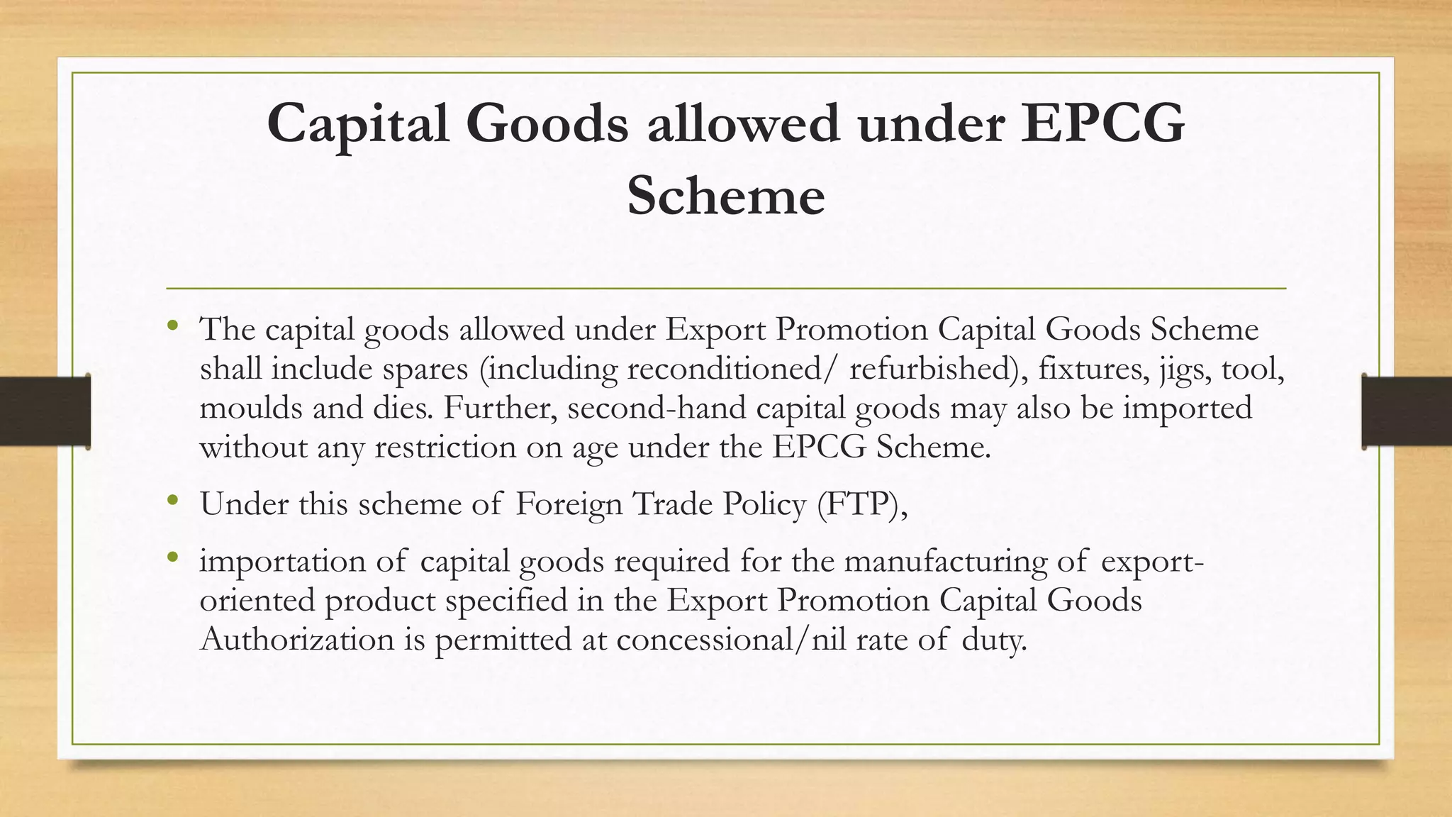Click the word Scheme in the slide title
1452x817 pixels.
pyautogui.click(x=725, y=196)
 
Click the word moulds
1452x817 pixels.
pyautogui.click(x=247, y=408)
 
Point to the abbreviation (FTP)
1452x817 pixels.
pyautogui.click(x=861, y=504)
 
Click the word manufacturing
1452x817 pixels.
pyautogui.click(x=945, y=561)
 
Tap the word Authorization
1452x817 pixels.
pyautogui.click(x=296, y=639)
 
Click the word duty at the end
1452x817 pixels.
pyautogui.click(x=994, y=639)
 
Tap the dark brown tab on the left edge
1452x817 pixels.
pyautogui.click(x=45, y=411)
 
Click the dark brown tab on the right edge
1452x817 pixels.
pyautogui.click(x=1407, y=411)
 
